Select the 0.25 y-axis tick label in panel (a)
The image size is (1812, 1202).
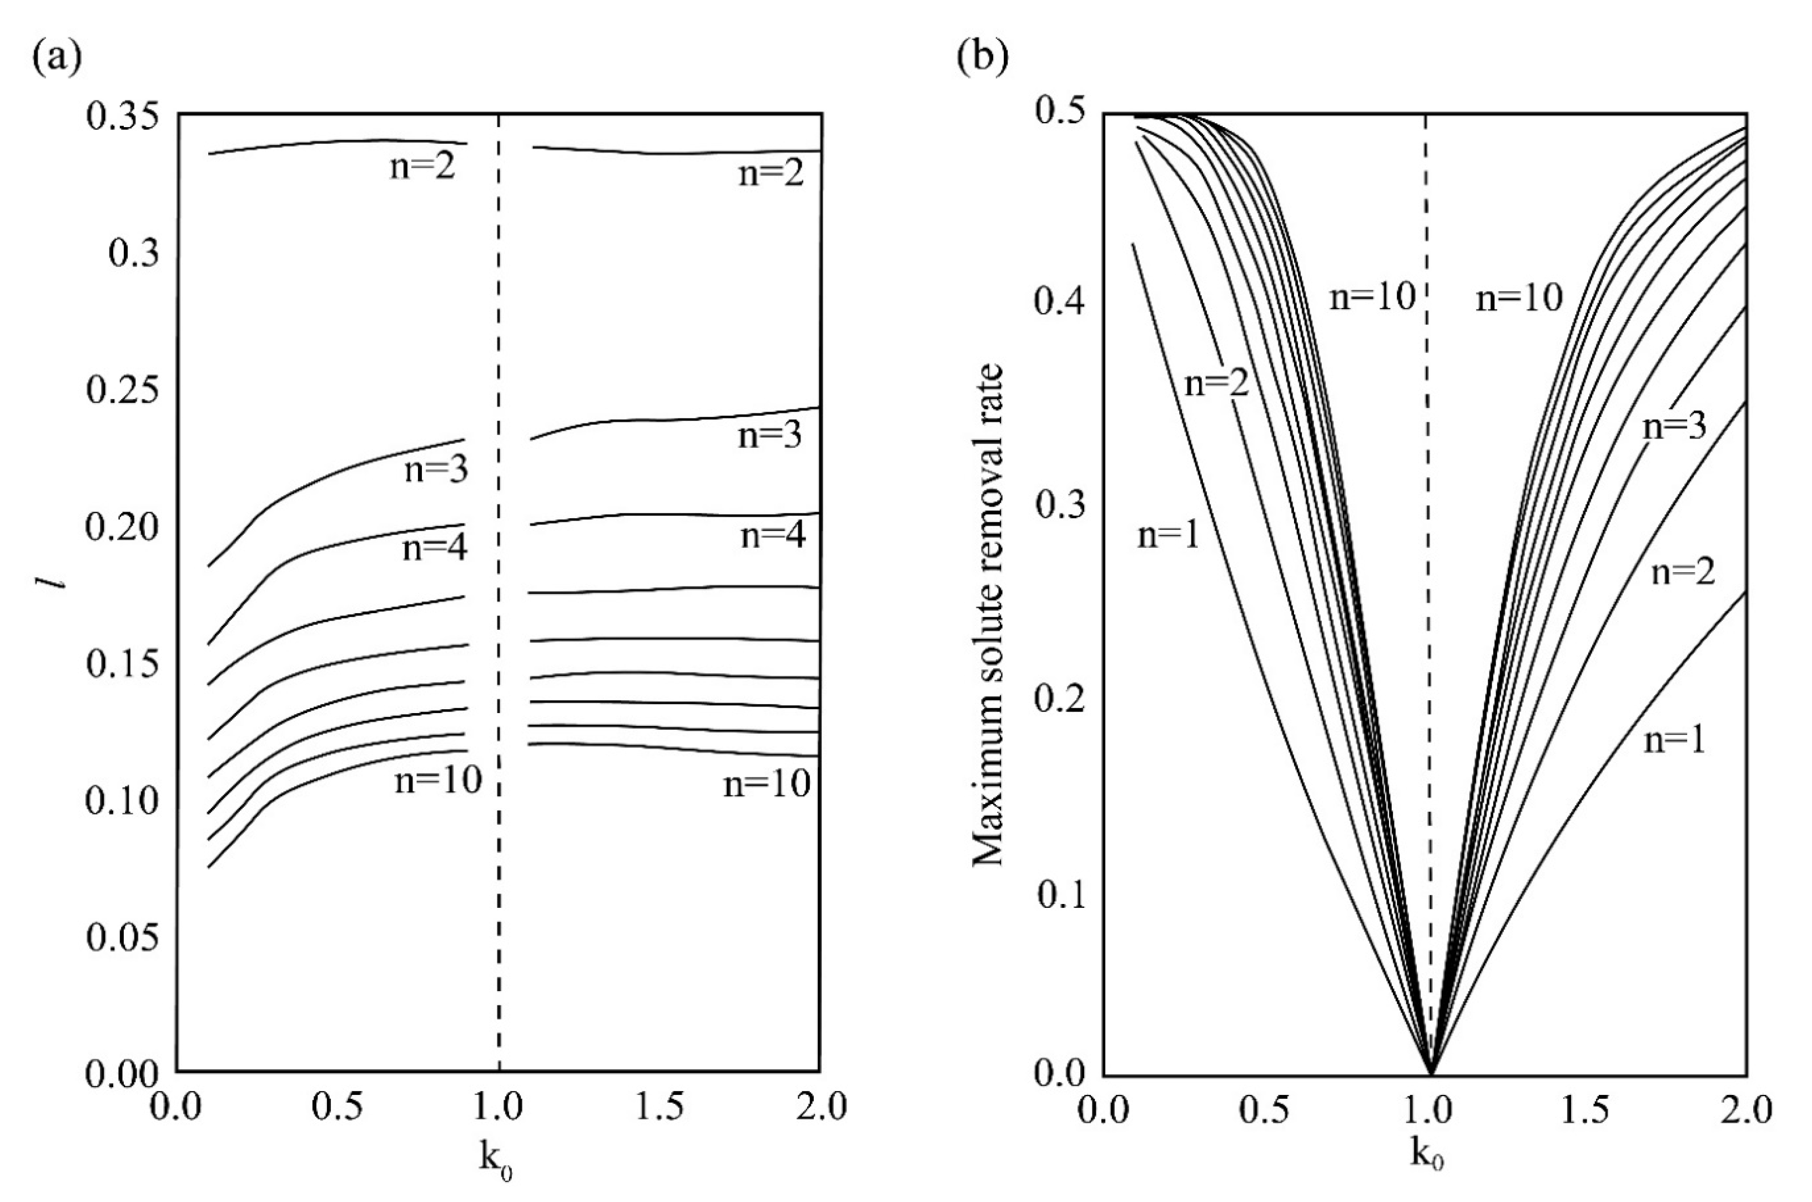pyautogui.click(x=123, y=390)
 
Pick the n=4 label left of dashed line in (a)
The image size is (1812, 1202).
pyautogui.click(x=435, y=548)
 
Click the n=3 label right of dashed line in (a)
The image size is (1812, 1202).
pyautogui.click(x=770, y=436)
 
